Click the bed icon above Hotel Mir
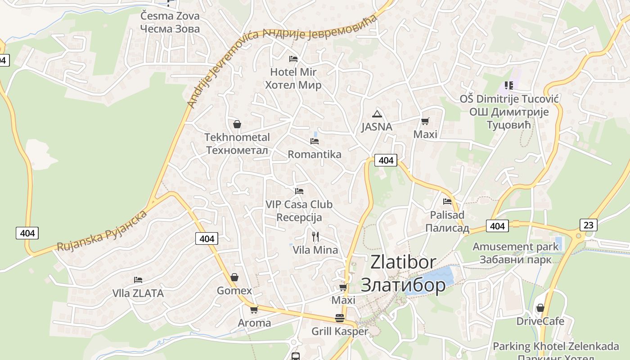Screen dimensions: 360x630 [293, 58]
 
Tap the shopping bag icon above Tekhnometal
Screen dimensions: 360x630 [237, 124]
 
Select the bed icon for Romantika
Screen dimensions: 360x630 [315, 141]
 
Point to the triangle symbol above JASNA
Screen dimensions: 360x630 [377, 114]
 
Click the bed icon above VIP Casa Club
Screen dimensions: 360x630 [299, 191]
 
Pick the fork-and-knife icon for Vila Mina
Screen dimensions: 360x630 [315, 236]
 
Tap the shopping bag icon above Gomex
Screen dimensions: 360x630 [234, 277]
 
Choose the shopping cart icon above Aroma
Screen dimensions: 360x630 [254, 310]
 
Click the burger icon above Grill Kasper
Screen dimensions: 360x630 [340, 319]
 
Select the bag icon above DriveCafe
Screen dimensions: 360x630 [540, 308]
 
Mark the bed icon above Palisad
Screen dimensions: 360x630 [447, 202]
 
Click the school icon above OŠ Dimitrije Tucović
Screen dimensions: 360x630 [509, 85]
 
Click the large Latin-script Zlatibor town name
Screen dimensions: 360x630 [403, 262]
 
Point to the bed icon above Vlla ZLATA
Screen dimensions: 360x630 [138, 280]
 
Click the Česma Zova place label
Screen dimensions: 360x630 [170, 16]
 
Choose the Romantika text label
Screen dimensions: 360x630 [315, 154]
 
